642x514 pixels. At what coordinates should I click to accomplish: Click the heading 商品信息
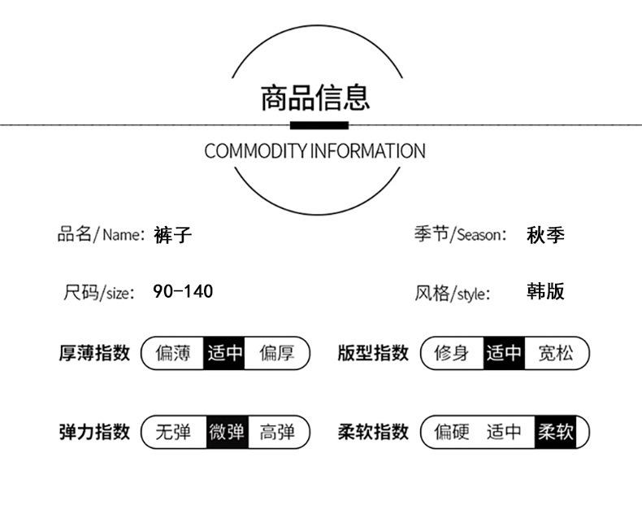click(x=315, y=98)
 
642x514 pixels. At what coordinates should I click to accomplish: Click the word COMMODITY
click(x=255, y=150)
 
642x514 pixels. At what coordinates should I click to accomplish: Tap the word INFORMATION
click(x=367, y=150)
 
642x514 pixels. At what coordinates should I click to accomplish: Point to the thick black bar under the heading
click(x=319, y=125)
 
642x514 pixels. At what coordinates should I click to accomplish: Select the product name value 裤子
click(x=173, y=235)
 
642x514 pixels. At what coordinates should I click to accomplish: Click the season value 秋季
click(x=545, y=235)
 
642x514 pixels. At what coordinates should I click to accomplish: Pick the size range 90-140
click(x=183, y=291)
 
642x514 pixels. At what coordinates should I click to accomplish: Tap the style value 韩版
click(x=545, y=291)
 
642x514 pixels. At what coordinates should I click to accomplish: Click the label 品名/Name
click(x=101, y=234)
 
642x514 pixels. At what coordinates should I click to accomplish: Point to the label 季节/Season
click(x=461, y=234)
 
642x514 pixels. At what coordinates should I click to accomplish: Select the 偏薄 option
click(x=173, y=353)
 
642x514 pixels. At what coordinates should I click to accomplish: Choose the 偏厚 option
click(x=277, y=353)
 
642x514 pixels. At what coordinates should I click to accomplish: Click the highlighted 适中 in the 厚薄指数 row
click(x=224, y=353)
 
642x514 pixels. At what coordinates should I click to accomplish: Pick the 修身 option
click(x=452, y=353)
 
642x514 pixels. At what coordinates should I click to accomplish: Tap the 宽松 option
click(x=556, y=353)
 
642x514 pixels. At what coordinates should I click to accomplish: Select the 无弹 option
click(x=173, y=432)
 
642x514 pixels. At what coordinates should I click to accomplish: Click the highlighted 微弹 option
click(x=228, y=432)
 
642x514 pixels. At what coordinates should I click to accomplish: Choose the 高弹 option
click(x=277, y=432)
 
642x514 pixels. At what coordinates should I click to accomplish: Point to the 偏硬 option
click(x=452, y=432)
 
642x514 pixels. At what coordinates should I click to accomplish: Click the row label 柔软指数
click(x=373, y=432)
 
